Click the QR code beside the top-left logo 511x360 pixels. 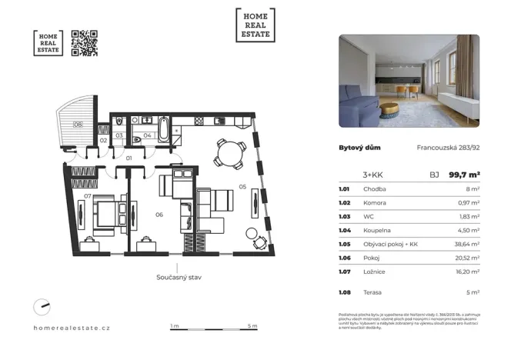point(85,43)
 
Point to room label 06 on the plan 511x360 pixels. point(159,215)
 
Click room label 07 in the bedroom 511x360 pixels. point(89,196)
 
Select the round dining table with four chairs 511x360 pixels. point(230,153)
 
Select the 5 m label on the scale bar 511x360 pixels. point(252,326)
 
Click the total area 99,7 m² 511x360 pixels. point(465,175)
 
